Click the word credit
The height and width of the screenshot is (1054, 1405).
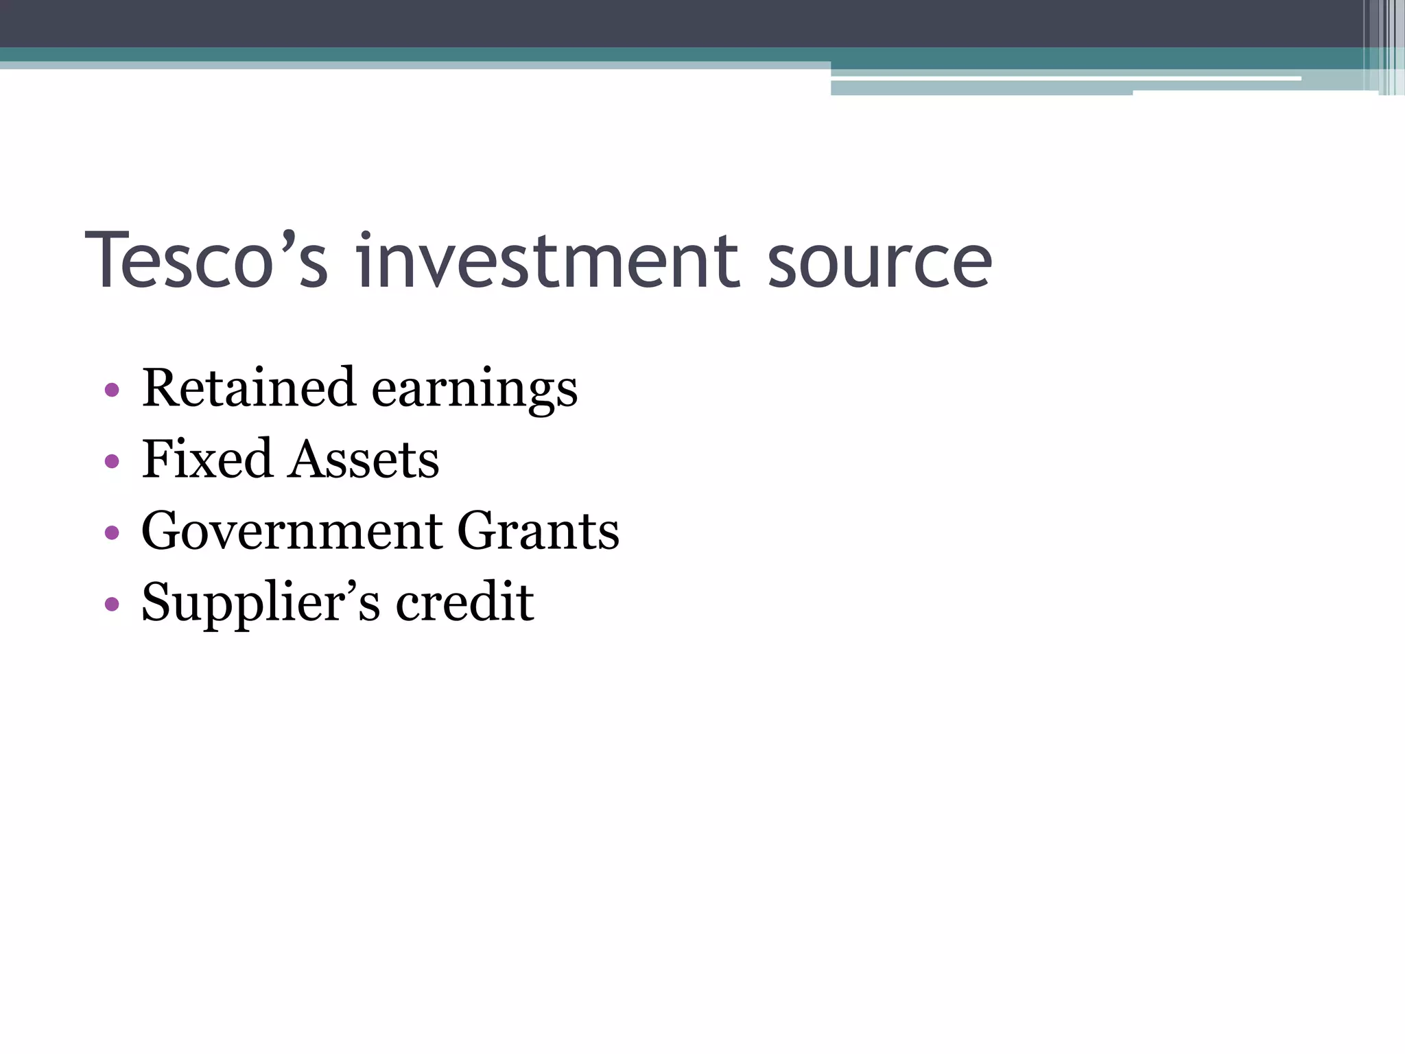[x=464, y=602]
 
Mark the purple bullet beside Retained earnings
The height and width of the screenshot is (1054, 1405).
[x=112, y=390]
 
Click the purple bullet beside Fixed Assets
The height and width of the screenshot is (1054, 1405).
[x=112, y=461]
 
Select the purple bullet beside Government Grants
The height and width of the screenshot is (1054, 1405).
[x=112, y=532]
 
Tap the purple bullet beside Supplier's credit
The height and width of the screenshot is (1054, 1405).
[x=112, y=604]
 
